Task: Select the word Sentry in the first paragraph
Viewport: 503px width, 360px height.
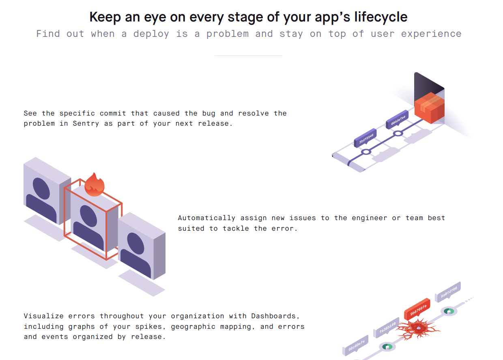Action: point(86,123)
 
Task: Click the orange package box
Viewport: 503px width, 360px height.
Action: point(429,107)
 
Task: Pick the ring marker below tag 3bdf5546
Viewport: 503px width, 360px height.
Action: point(366,152)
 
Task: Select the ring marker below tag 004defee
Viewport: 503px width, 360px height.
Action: point(398,133)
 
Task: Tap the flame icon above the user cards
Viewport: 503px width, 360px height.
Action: point(95,184)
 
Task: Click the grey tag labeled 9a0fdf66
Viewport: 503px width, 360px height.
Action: point(448,291)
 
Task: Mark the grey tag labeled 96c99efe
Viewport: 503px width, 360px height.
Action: point(356,344)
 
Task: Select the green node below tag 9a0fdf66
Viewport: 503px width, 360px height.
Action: point(449,311)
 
